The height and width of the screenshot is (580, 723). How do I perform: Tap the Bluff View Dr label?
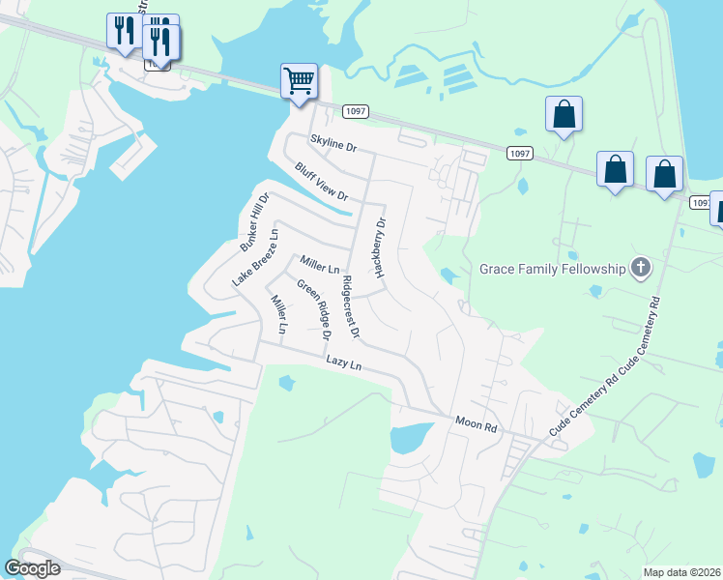pyautogui.click(x=321, y=182)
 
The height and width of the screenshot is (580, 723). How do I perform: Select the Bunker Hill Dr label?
pyautogui.click(x=254, y=221)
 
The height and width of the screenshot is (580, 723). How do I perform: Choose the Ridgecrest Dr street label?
pyautogui.click(x=350, y=306)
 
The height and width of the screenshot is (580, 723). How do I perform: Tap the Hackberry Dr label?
pyautogui.click(x=381, y=247)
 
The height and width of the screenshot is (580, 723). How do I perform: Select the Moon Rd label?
pyautogui.click(x=476, y=422)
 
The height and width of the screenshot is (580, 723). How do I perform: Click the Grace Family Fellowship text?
pyautogui.click(x=553, y=268)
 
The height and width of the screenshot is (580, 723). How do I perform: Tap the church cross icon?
pyautogui.click(x=640, y=268)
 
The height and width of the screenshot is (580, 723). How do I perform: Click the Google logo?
pyautogui.click(x=32, y=568)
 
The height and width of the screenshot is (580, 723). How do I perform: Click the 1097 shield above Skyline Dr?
pyautogui.click(x=355, y=112)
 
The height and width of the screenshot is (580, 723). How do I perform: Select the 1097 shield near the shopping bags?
pyautogui.click(x=519, y=154)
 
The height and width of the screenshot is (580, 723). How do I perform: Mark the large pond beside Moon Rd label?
pyautogui.click(x=412, y=438)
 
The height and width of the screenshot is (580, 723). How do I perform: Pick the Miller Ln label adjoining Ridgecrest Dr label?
pyautogui.click(x=320, y=263)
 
